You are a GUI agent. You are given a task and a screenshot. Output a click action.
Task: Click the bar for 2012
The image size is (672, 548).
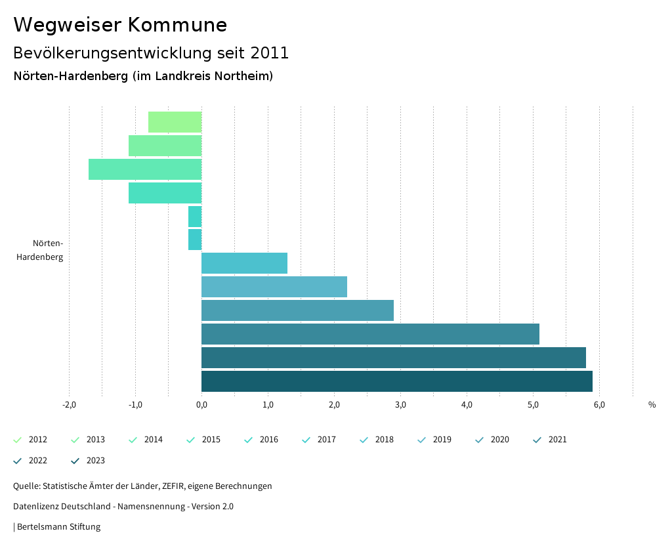click(175, 122)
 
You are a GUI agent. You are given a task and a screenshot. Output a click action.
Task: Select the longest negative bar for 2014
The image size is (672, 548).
click(145, 169)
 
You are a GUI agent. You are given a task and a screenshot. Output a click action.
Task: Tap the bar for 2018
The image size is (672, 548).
click(244, 263)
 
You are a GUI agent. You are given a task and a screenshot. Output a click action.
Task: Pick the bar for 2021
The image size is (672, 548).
click(370, 334)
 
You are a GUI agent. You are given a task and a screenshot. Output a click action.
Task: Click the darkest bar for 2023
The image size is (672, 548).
click(396, 381)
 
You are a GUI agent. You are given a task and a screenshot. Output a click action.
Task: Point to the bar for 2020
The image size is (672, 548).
click(297, 310)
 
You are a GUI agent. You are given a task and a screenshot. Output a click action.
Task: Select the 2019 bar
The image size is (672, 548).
click(274, 287)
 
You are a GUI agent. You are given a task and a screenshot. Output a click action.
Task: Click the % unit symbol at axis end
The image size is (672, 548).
click(652, 405)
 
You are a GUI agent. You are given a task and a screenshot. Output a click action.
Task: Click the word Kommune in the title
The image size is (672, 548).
click(178, 25)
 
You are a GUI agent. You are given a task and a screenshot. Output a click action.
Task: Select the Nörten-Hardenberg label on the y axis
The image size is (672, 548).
click(41, 250)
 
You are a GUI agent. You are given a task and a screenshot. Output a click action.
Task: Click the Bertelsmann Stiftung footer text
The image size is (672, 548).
click(58, 527)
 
